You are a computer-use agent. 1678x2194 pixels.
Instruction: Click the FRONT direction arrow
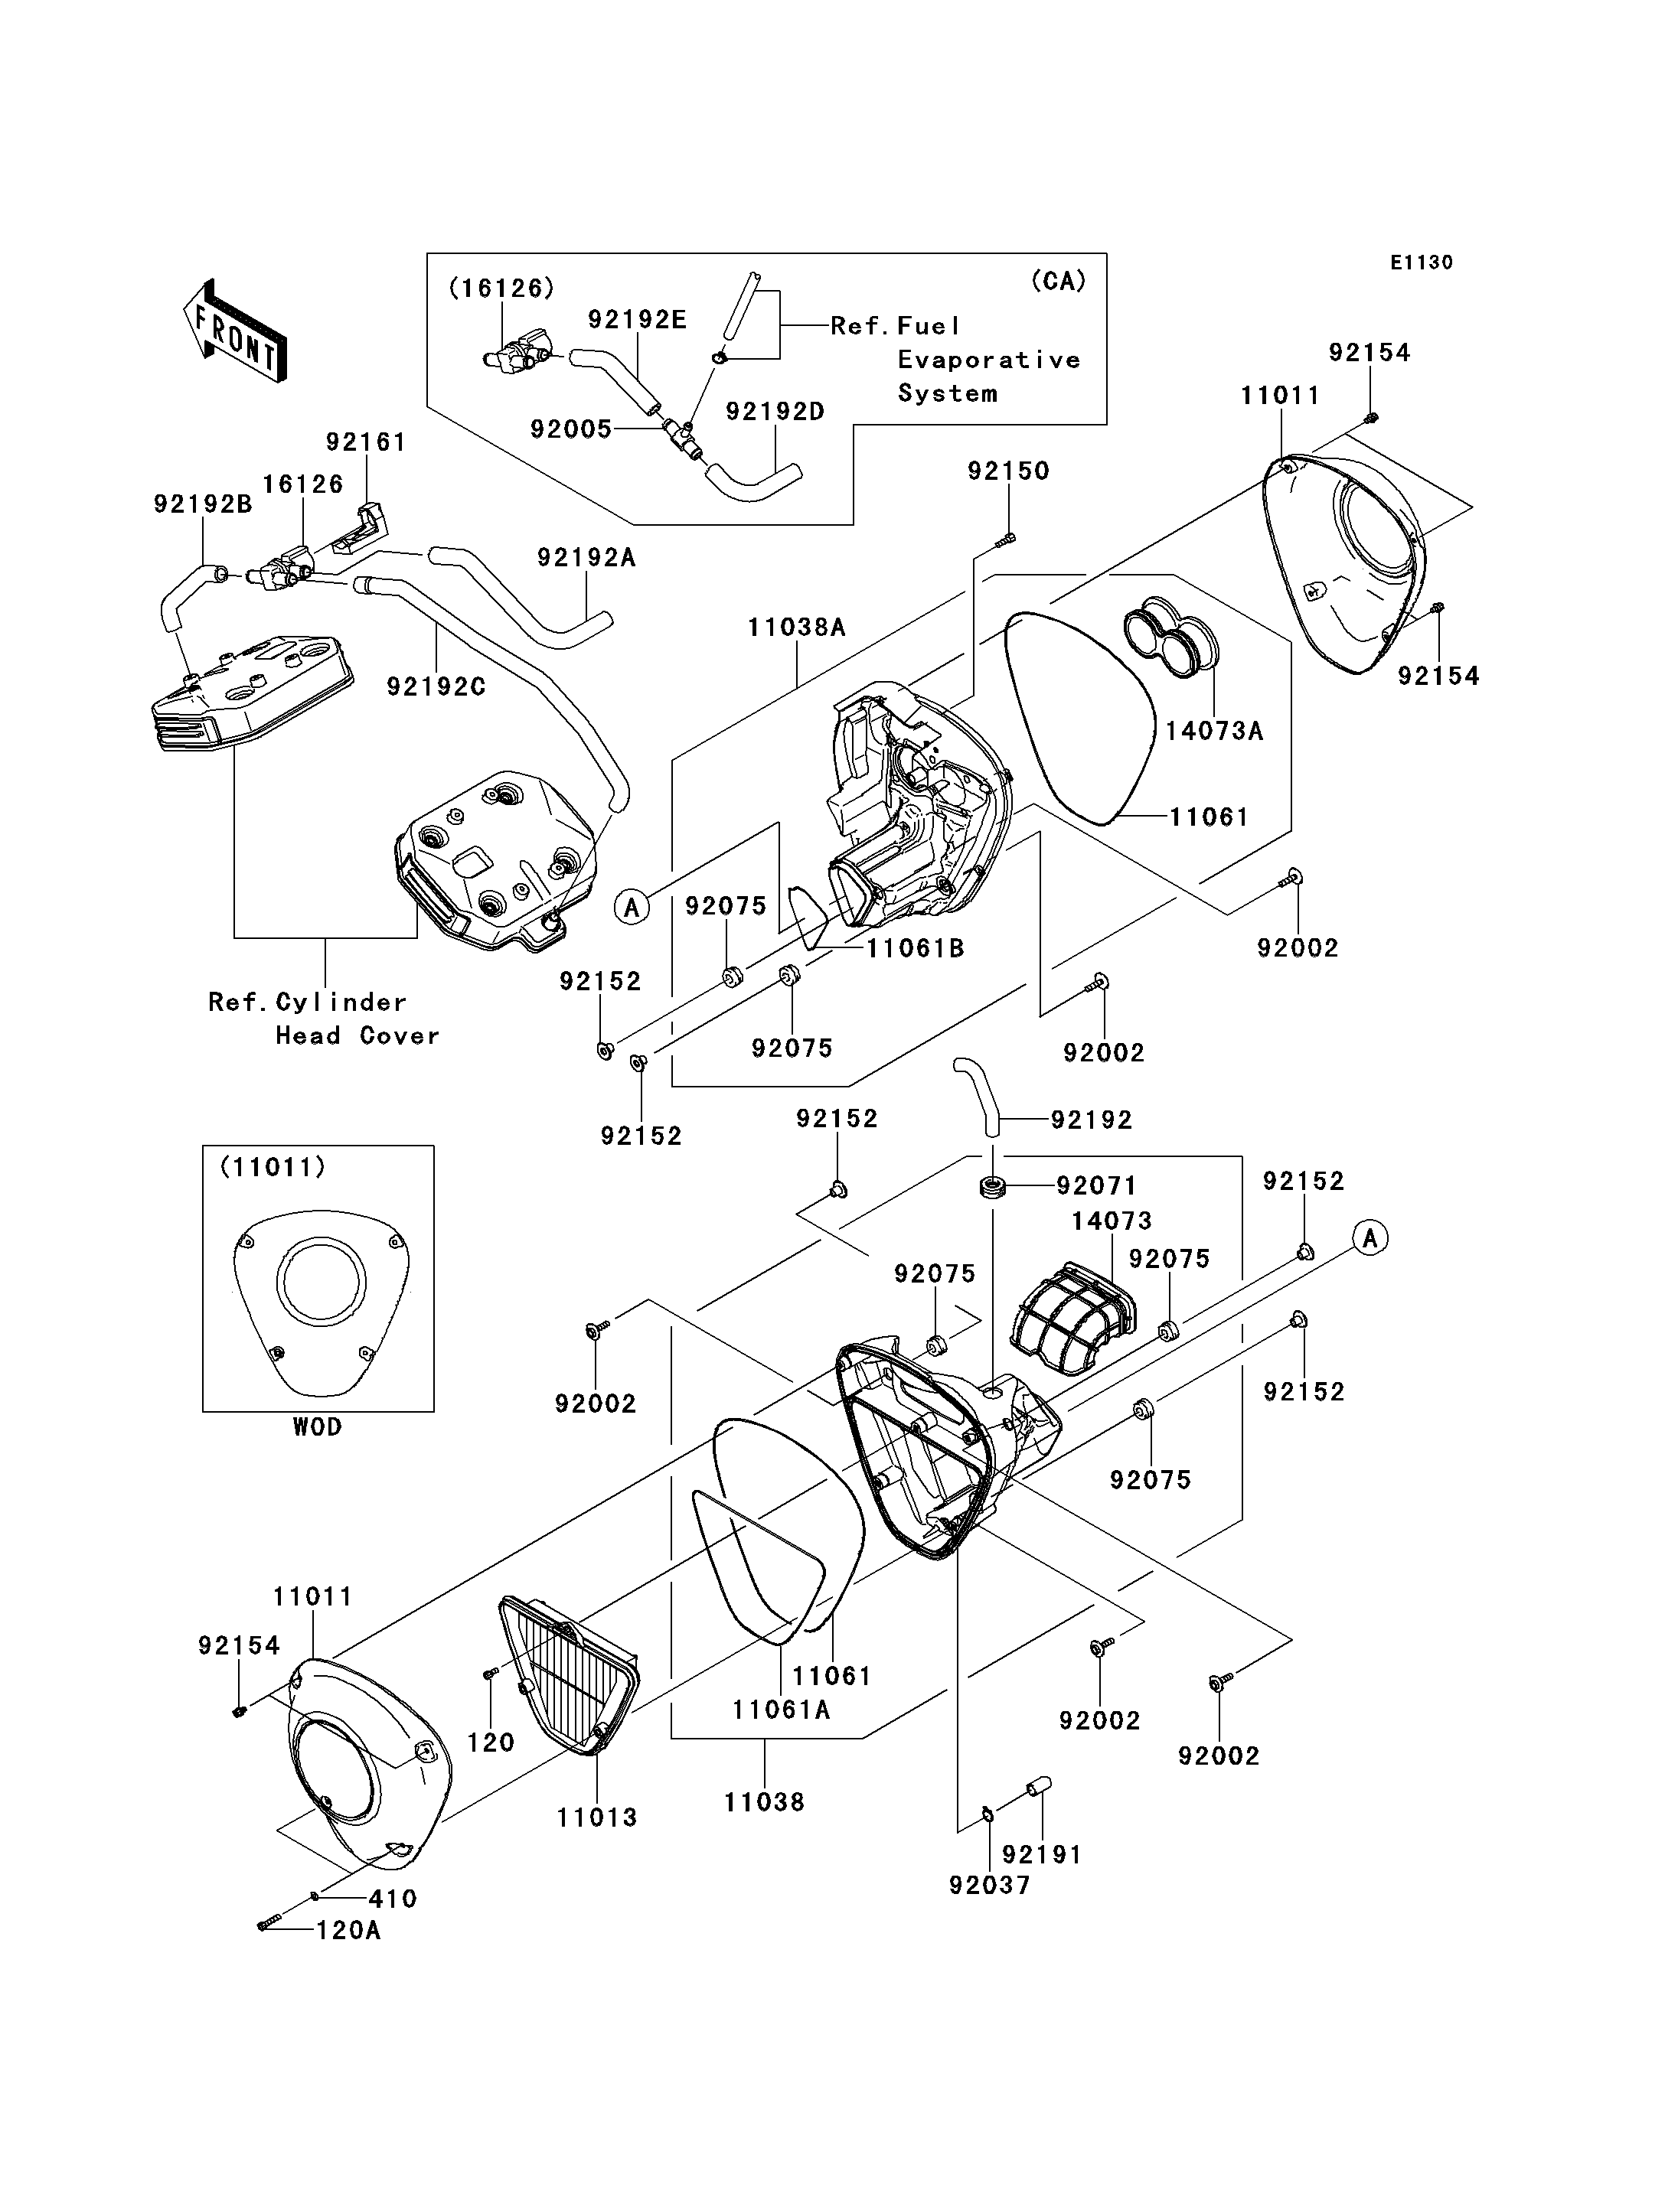236,331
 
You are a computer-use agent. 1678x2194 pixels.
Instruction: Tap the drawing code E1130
1422,262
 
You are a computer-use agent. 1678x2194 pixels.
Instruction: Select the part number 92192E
637,320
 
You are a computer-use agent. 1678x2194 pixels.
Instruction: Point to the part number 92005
570,429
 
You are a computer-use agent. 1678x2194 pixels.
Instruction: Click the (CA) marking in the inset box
1058,281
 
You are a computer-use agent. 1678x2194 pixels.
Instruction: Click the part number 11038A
796,628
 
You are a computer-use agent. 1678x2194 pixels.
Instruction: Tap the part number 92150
1008,471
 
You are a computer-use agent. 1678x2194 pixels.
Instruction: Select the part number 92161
366,442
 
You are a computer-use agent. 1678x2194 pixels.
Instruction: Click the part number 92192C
436,687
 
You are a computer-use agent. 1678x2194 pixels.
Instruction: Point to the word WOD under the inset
318,1427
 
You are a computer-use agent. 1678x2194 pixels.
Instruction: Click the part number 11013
596,1817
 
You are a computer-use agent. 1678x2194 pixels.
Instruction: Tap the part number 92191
1042,1854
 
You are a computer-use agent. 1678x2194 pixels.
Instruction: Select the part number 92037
989,1886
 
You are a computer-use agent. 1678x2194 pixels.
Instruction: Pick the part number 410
393,1899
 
